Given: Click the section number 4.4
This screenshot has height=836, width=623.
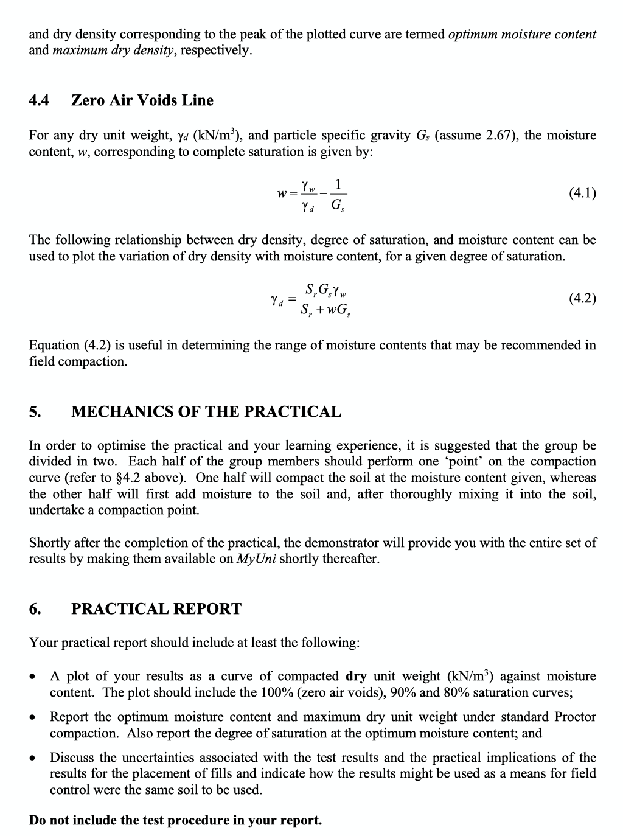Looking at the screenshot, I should tap(39, 100).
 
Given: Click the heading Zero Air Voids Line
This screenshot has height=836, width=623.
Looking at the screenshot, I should tap(142, 100).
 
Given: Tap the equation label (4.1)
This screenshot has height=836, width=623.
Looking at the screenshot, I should tap(582, 193).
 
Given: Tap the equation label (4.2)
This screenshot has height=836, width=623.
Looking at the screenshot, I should tap(582, 298).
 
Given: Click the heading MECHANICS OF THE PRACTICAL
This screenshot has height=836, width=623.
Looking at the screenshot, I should tap(206, 412).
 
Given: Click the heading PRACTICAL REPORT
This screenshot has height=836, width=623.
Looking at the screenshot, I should tap(156, 609).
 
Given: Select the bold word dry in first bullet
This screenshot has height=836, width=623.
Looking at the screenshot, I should tap(356, 676).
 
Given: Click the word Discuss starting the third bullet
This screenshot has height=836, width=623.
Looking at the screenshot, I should tap(72, 758).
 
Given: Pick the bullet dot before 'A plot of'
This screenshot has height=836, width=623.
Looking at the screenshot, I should tap(34, 677).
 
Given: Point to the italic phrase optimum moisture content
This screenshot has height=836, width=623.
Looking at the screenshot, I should tap(522, 34).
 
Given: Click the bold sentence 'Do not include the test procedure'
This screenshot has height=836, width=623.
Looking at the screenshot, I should tap(175, 820).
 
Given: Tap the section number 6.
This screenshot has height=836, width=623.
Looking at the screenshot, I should tap(35, 609).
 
